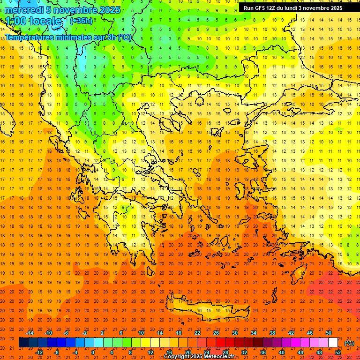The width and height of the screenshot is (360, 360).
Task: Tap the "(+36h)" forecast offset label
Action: [x=81, y=21]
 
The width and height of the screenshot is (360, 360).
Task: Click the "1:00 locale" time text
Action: [x=33, y=21]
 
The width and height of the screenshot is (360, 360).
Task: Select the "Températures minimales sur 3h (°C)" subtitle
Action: [x=68, y=37]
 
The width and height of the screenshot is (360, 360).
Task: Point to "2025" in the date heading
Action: [x=109, y=10]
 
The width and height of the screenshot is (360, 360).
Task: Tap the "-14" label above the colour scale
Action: [x=30, y=333]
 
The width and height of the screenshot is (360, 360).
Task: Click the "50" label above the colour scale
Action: [x=329, y=333]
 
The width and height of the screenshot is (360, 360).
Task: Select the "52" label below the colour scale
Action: [x=338, y=352]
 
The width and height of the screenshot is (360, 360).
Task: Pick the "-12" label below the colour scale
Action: [x=39, y=352]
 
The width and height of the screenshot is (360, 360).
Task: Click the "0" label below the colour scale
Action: [x=93, y=352]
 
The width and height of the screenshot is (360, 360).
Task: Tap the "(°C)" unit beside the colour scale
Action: [x=349, y=343]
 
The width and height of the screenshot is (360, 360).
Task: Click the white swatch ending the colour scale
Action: [x=333, y=343]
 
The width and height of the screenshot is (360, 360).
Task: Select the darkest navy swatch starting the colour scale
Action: [x=23, y=343]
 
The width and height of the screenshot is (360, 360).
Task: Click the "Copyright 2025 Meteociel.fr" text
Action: [x=199, y=357]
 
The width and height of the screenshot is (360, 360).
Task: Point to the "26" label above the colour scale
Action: [x=216, y=333]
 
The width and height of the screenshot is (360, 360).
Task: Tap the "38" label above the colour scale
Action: [x=272, y=333]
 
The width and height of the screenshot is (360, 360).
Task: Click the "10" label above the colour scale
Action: [x=141, y=333]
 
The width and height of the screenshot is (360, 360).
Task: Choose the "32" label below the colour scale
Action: [x=244, y=352]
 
